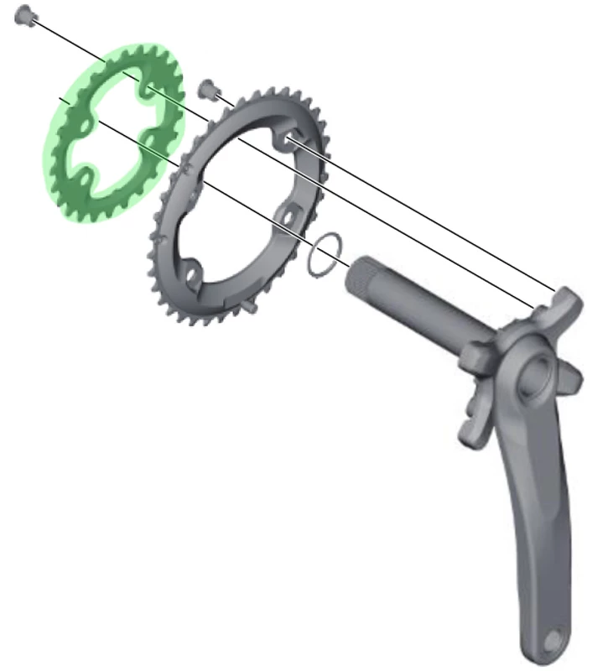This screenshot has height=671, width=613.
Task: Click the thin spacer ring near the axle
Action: pyautogui.click(x=326, y=255)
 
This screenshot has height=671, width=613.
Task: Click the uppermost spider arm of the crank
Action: pyautogui.click(x=564, y=302)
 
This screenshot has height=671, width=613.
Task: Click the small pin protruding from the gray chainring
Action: pyautogui.click(x=254, y=308)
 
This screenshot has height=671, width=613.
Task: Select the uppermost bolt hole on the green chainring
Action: pyautogui.click(x=148, y=88)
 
